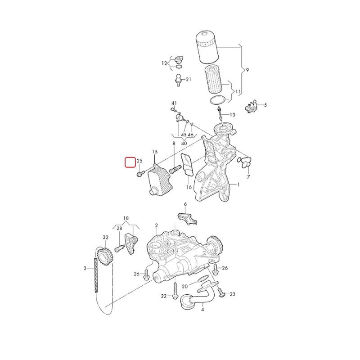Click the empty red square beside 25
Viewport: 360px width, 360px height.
click(x=130, y=162)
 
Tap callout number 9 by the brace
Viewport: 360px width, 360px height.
click(x=247, y=70)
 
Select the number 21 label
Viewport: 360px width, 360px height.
click(x=189, y=80)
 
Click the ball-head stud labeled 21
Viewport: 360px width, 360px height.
click(x=178, y=80)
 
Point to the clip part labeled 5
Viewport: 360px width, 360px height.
click(x=252, y=107)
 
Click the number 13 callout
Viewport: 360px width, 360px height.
click(x=232, y=115)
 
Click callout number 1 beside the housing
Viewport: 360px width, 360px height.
click(x=238, y=184)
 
